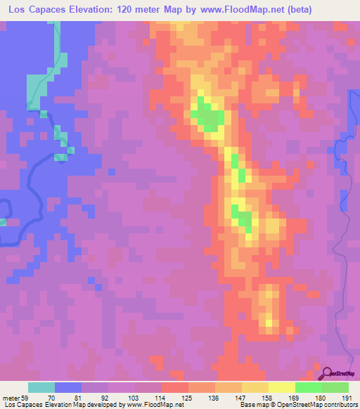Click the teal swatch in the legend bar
tap(41, 387)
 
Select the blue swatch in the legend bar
tap(68, 387)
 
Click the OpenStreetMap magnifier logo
tap(328, 373)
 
